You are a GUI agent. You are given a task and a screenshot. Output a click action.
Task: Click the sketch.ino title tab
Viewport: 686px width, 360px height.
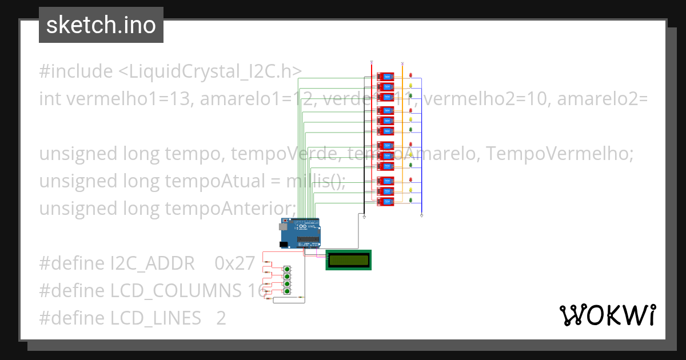pos(101,25)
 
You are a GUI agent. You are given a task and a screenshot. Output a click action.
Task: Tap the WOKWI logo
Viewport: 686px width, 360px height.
pos(607,315)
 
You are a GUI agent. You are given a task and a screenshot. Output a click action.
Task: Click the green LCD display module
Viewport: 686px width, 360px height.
pos(349,260)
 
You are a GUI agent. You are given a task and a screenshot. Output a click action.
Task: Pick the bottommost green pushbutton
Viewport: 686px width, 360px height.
pos(287,292)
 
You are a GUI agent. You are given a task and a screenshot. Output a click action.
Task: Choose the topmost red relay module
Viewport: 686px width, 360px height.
pos(385,77)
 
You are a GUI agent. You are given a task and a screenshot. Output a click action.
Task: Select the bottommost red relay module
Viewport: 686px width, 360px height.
pos(385,201)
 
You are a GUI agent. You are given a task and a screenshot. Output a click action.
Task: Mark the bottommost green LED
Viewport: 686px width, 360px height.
pos(411,201)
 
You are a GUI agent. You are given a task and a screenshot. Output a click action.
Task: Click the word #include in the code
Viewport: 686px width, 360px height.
pos(76,71)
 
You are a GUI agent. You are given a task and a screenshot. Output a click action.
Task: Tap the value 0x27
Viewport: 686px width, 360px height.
pos(234,263)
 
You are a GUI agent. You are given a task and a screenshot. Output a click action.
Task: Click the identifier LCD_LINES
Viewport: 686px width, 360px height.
pos(155,318)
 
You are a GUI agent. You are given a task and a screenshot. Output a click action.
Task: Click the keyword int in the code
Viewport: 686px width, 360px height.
pos(50,99)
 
